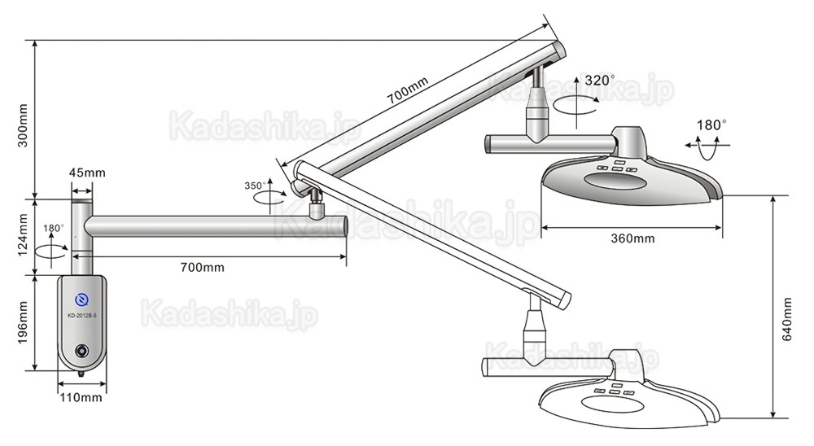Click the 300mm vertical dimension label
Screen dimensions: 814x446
point(24,125)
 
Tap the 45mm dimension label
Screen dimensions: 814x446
point(87,173)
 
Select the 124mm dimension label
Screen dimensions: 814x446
point(24,235)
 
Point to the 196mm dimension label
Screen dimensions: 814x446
point(24,323)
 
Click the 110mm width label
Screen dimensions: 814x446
point(81,398)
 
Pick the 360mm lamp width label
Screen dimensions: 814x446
point(632,238)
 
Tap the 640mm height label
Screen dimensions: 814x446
point(787,319)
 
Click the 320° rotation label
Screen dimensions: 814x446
point(600,80)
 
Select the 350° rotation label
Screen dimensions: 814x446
point(255,186)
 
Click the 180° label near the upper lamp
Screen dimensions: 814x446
point(711,125)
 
